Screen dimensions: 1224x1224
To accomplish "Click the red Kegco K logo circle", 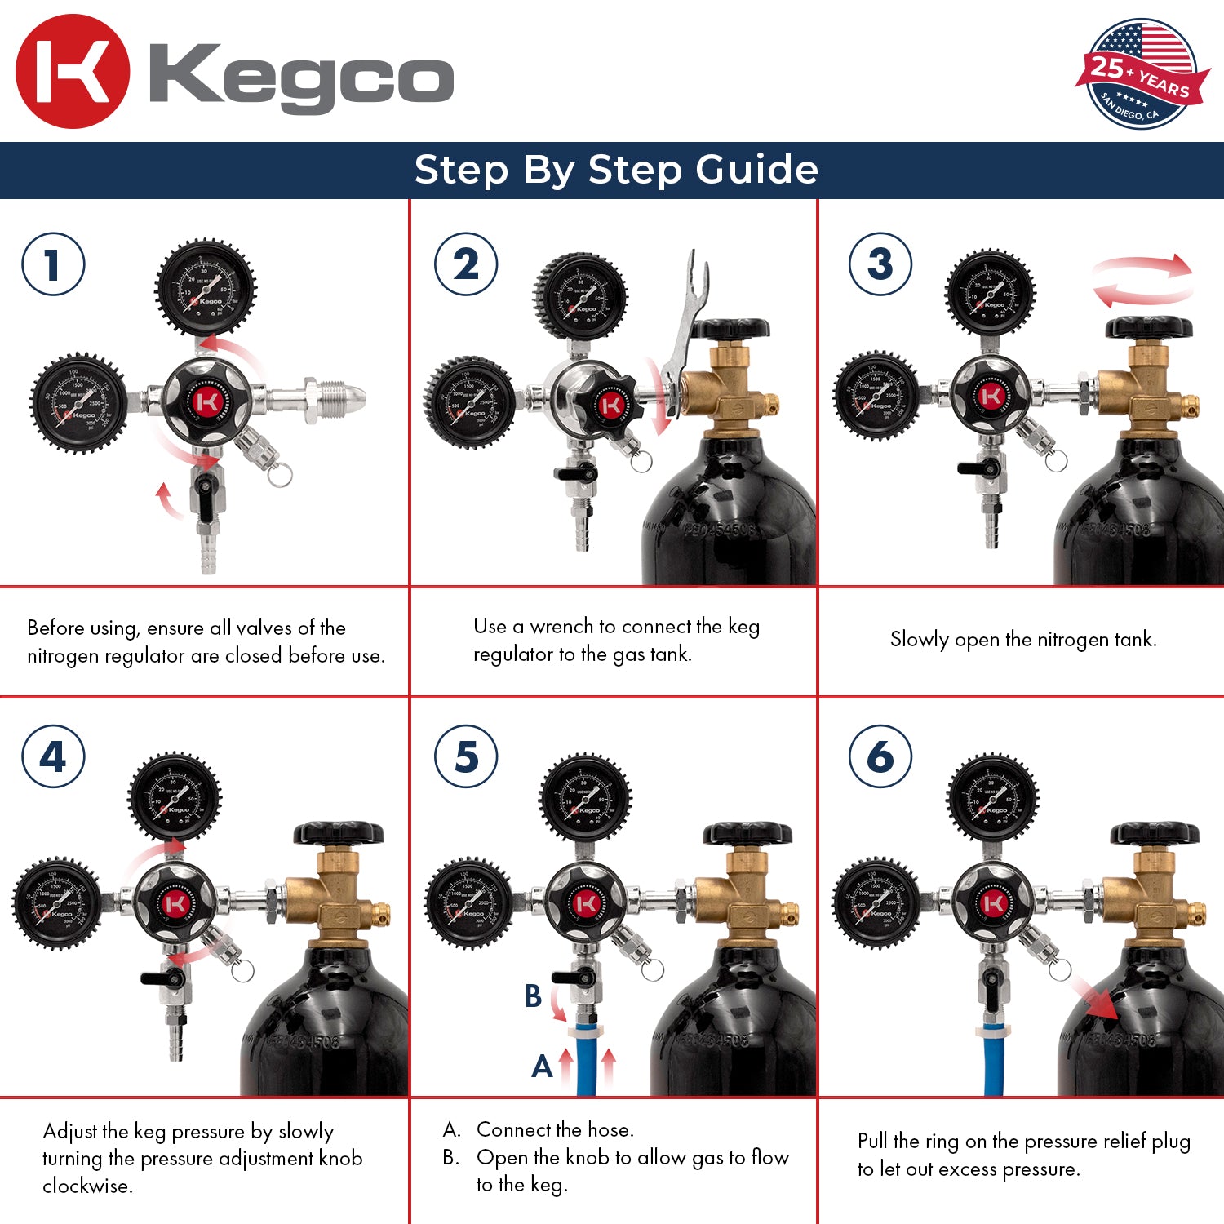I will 73,72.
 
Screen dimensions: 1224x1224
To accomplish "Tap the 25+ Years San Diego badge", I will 1141,74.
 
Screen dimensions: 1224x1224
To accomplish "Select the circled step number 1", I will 53,264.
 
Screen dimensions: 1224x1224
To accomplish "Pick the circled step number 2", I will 466,264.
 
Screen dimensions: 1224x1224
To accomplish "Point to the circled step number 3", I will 880,264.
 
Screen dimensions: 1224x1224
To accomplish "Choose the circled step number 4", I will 53,756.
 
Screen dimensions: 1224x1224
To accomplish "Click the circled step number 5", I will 466,756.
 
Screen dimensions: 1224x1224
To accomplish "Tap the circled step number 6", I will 880,756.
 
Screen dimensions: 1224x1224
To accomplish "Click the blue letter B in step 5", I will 533,996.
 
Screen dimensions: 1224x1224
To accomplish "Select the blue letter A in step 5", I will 542,1066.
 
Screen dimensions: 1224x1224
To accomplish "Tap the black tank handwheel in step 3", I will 1149,327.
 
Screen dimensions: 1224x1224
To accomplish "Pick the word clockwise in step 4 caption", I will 87,1186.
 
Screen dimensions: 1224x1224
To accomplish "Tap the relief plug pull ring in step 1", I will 280,474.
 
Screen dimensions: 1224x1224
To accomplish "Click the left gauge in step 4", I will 57,903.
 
